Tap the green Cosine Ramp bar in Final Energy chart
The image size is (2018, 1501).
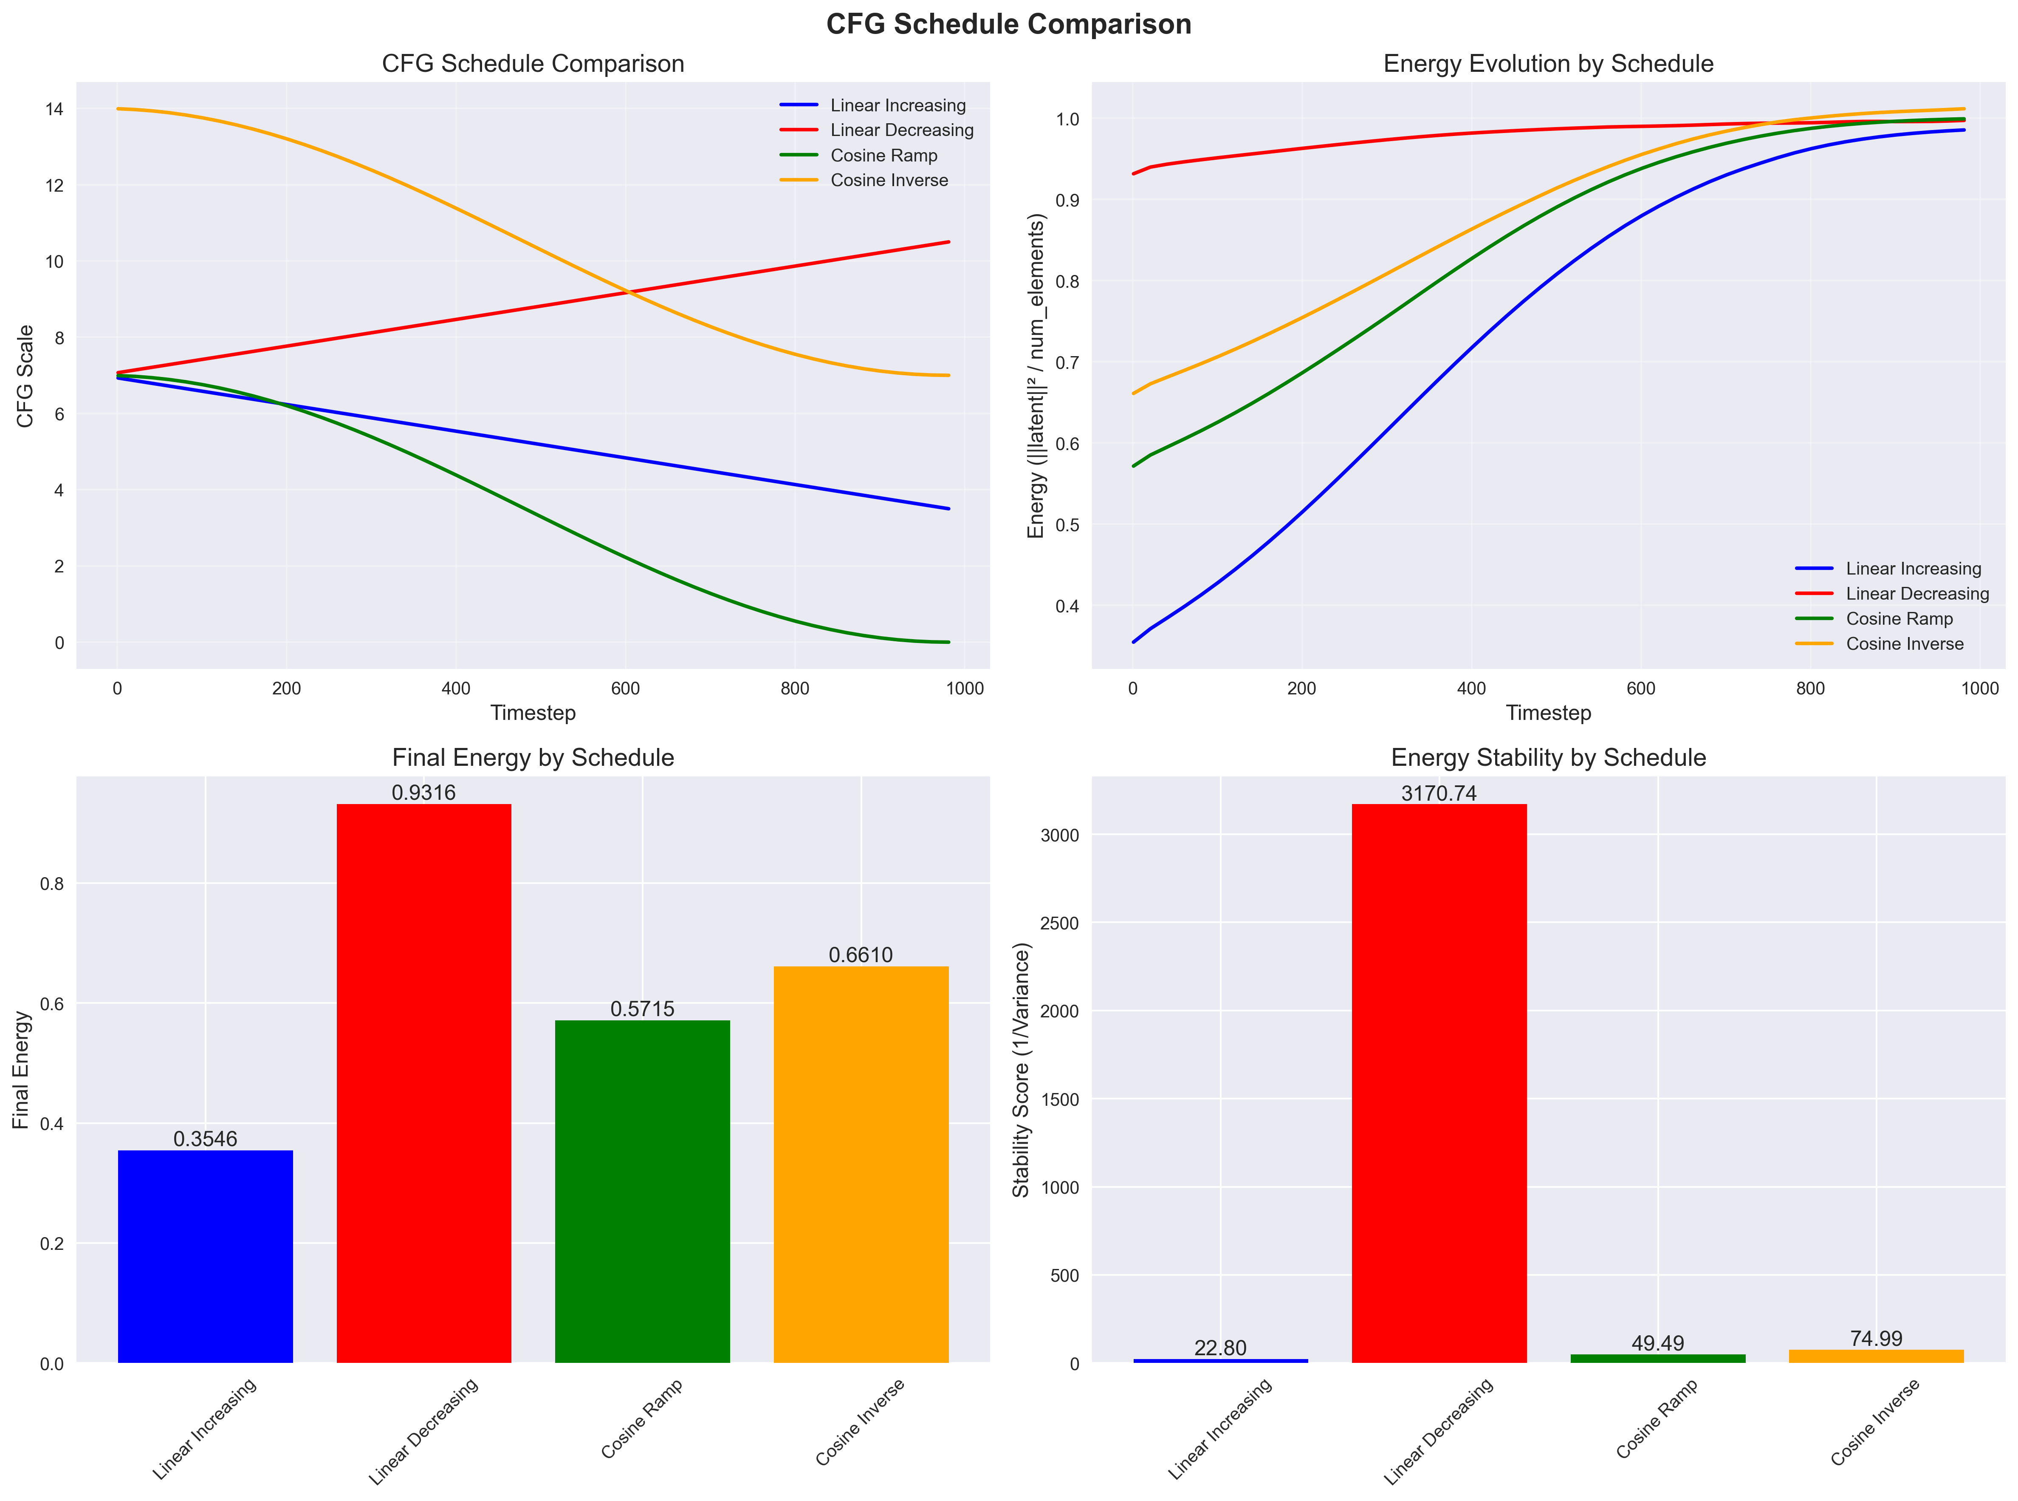(x=642, y=1191)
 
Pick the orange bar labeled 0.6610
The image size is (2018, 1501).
(x=861, y=1164)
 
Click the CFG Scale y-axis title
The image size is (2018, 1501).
(x=25, y=376)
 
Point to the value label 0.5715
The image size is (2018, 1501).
(x=642, y=1008)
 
